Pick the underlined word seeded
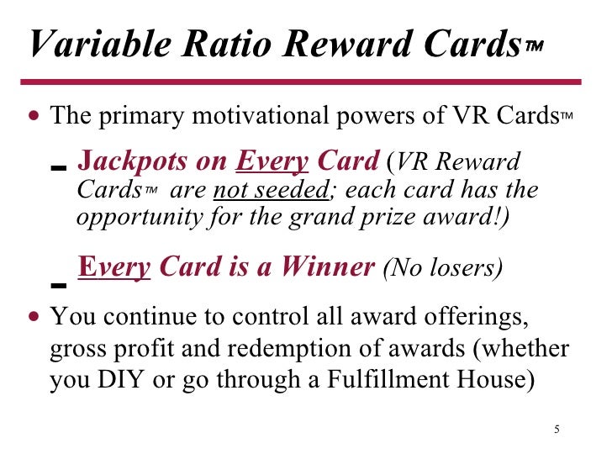click(288, 189)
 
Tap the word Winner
click(328, 267)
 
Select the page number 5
click(557, 431)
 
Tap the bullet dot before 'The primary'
click(33, 116)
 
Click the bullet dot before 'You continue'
click(33, 319)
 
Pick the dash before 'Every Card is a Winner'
click(57, 284)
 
